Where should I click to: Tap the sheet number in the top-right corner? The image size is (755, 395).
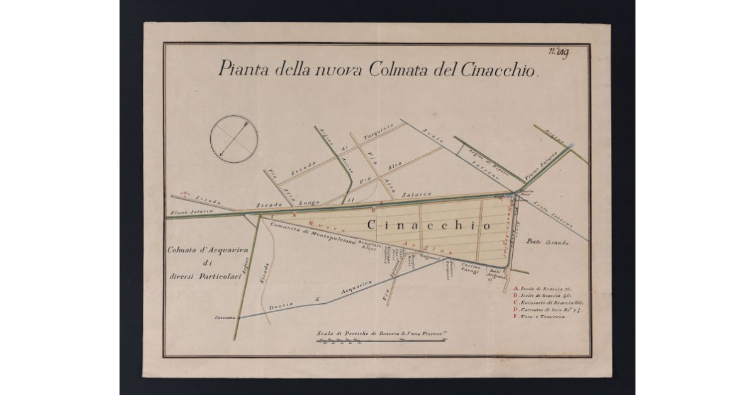[559, 53]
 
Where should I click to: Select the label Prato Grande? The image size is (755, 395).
[548, 243]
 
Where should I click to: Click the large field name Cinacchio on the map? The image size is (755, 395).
[428, 225]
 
